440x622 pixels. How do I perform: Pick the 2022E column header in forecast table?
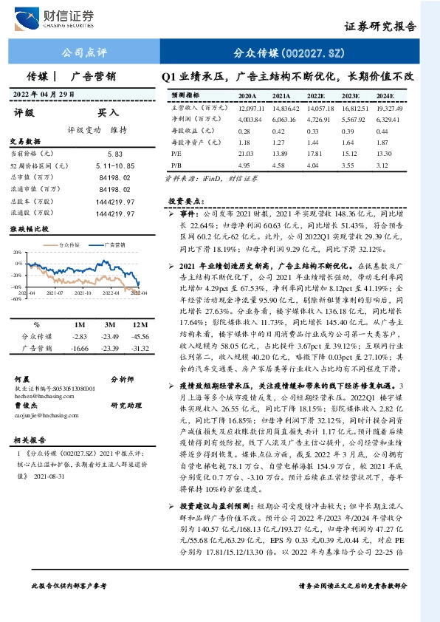[x=316, y=96]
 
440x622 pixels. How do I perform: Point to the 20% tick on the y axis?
[x=16, y=252]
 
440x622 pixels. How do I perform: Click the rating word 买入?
[x=108, y=114]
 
